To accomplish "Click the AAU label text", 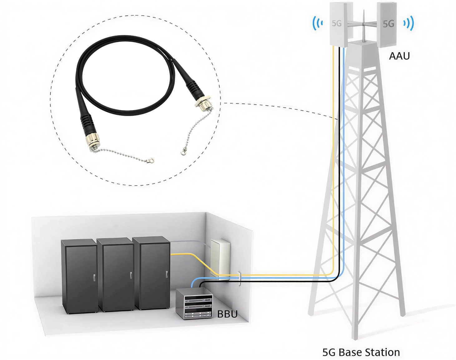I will click(x=399, y=56).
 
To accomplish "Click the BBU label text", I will click(x=227, y=314).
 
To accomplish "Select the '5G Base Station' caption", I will click(x=361, y=352).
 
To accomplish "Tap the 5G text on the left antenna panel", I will click(x=336, y=23).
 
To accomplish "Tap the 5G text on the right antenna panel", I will click(x=388, y=24).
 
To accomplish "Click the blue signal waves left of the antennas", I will click(x=317, y=23).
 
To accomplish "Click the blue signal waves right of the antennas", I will click(x=409, y=23).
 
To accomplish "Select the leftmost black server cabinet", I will click(x=79, y=276).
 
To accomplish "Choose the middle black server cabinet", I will click(x=115, y=275).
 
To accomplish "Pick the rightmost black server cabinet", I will click(x=152, y=273).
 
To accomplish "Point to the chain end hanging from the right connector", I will click(x=183, y=153).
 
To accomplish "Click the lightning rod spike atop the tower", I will click(x=364, y=25).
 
